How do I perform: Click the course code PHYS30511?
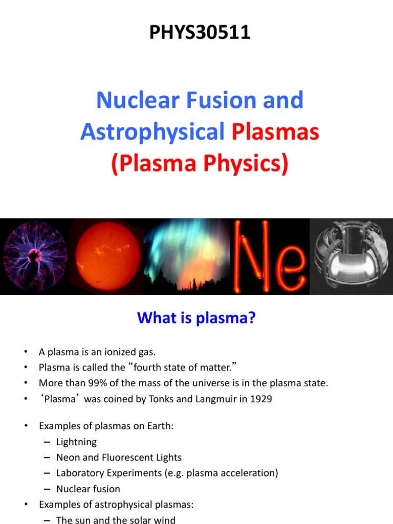click(200, 32)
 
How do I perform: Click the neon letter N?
click(251, 257)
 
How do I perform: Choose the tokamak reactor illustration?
click(352, 256)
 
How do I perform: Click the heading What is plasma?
click(196, 318)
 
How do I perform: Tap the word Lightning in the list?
click(76, 442)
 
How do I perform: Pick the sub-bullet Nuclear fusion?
click(88, 489)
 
